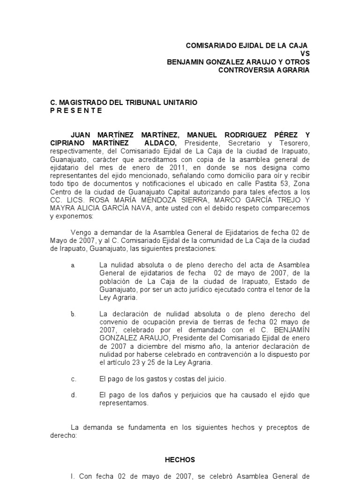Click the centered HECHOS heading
180,460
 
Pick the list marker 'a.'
73,265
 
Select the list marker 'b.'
73,314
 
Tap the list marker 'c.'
73,379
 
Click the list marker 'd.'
74,395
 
